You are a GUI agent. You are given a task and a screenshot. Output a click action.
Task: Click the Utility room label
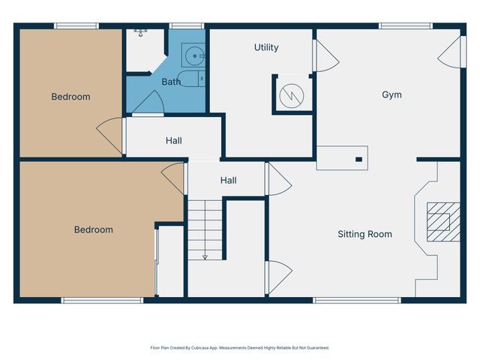click(x=266, y=47)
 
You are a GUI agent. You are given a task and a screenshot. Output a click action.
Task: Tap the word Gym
click(x=391, y=94)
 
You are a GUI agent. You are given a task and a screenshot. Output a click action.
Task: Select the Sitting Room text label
click(x=364, y=234)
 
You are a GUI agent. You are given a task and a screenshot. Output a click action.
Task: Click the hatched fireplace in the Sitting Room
click(x=439, y=222)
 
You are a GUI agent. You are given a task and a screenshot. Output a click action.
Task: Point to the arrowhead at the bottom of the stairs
click(x=204, y=256)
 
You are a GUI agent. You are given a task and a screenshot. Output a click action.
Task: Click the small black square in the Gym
click(x=358, y=159)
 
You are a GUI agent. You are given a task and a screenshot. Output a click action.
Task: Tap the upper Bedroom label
click(x=70, y=97)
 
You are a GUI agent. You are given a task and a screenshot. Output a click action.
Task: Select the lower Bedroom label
click(x=93, y=229)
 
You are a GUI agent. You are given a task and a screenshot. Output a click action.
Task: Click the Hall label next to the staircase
click(x=229, y=181)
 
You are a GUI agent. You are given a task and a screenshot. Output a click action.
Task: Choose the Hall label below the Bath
click(x=173, y=140)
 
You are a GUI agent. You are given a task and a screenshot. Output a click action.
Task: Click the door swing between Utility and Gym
click(x=323, y=56)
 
